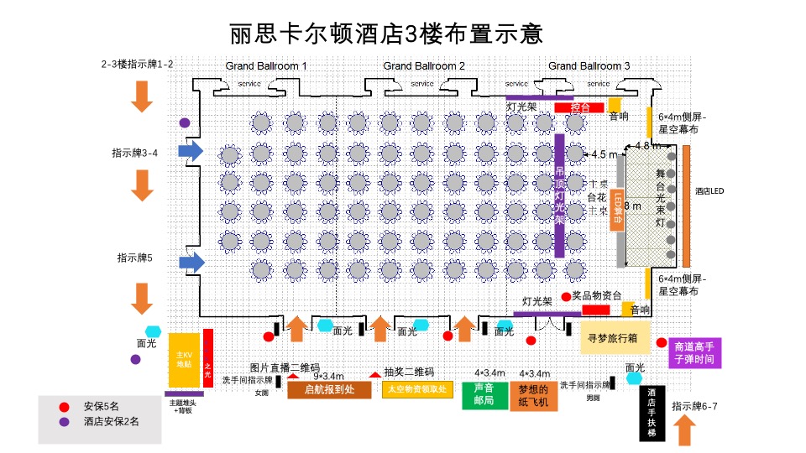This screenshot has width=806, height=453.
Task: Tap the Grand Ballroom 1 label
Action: (x=266, y=65)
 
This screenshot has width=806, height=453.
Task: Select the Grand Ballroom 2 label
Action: (x=424, y=65)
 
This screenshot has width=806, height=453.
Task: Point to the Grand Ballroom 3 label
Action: (x=589, y=65)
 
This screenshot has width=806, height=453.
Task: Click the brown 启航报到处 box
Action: (x=329, y=389)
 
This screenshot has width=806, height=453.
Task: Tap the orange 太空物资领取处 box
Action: (x=418, y=389)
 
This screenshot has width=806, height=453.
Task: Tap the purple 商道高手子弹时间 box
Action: (x=693, y=352)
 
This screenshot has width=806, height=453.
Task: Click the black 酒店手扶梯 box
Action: (x=652, y=412)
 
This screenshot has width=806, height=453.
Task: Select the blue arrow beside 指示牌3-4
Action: (x=191, y=151)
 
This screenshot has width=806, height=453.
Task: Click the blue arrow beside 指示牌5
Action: (x=191, y=262)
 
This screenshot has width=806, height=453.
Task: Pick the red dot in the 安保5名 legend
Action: (x=64, y=407)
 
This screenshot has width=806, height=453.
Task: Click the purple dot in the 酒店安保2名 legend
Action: (x=64, y=422)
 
